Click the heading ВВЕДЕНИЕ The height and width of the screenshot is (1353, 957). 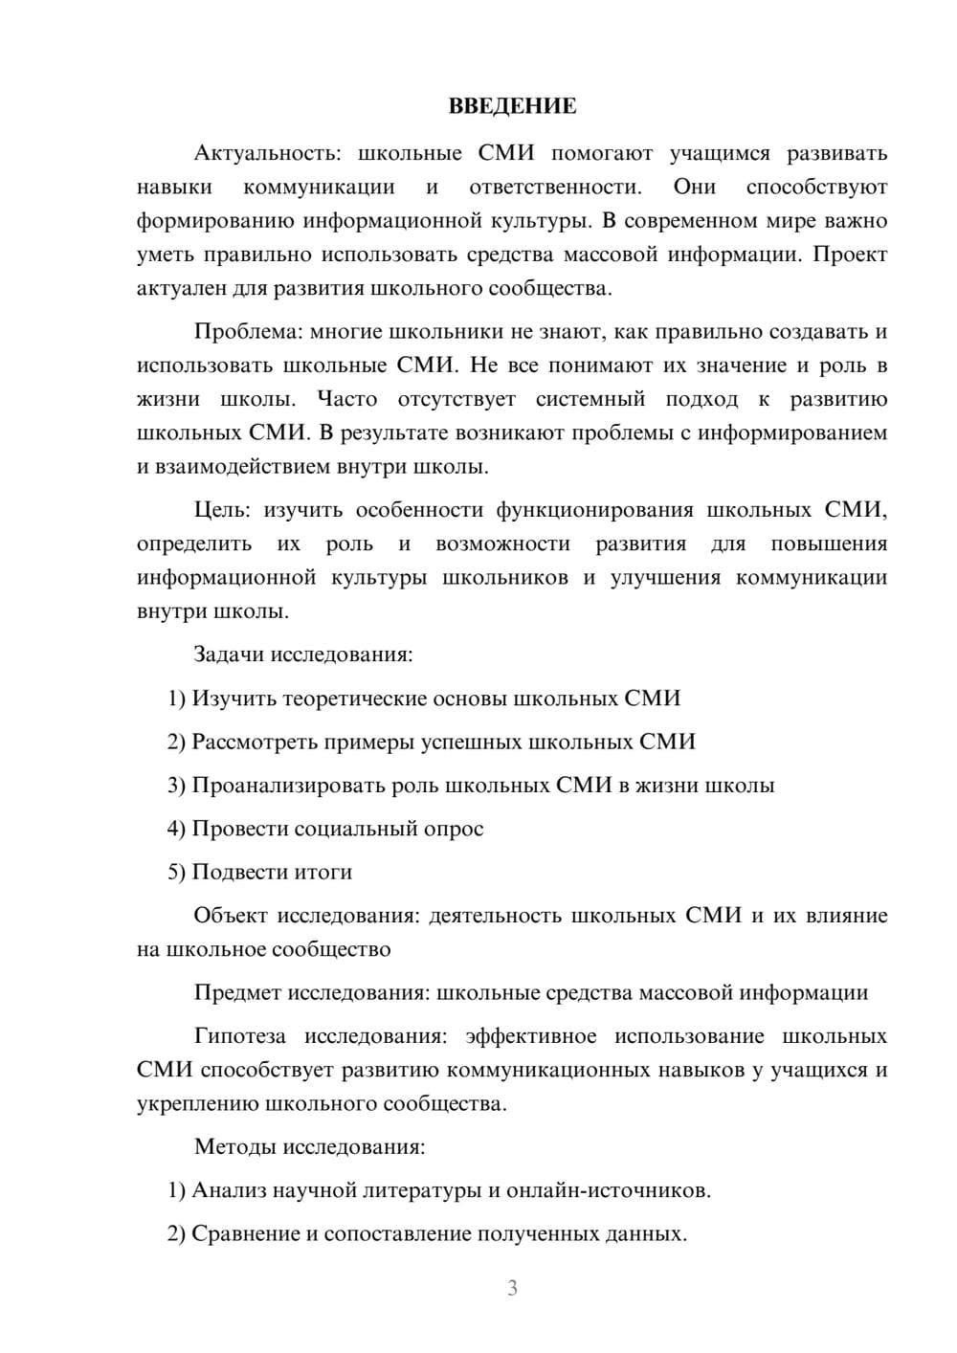click(512, 106)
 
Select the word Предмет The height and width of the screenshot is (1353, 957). click(237, 992)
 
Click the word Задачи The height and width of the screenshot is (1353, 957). click(229, 655)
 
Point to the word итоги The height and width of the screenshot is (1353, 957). click(323, 872)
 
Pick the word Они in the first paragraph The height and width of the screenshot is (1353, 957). click(694, 187)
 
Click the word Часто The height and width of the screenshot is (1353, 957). click(347, 399)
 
